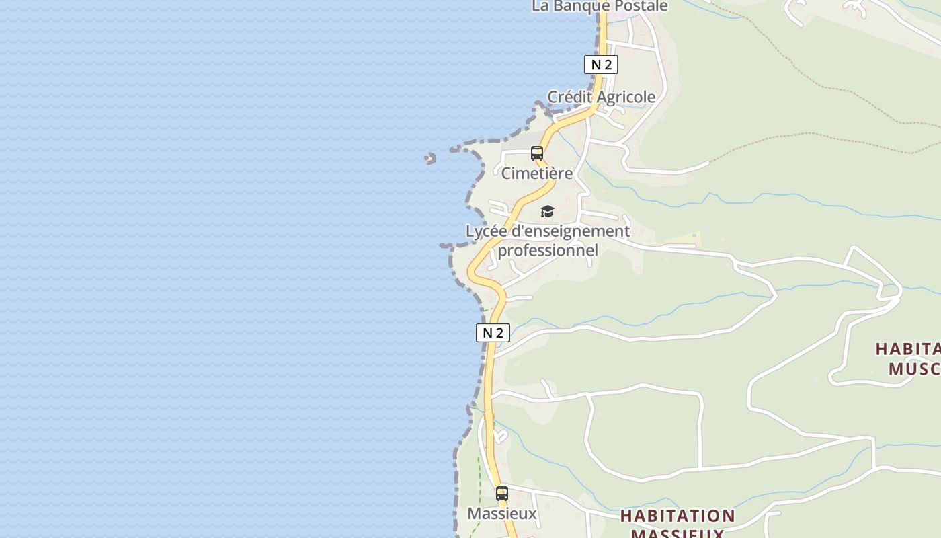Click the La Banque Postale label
(600, 6)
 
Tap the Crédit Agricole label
(601, 97)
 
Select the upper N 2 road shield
(600, 65)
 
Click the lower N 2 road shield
(493, 332)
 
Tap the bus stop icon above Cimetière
(536, 153)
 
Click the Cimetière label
(537, 174)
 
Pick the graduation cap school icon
(547, 212)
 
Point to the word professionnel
(548, 251)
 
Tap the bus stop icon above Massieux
(501, 494)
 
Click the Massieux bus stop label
(502, 514)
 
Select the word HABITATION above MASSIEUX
(678, 516)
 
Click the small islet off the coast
(430, 159)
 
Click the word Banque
(580, 6)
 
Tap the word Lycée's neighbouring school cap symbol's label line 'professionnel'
(548, 251)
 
